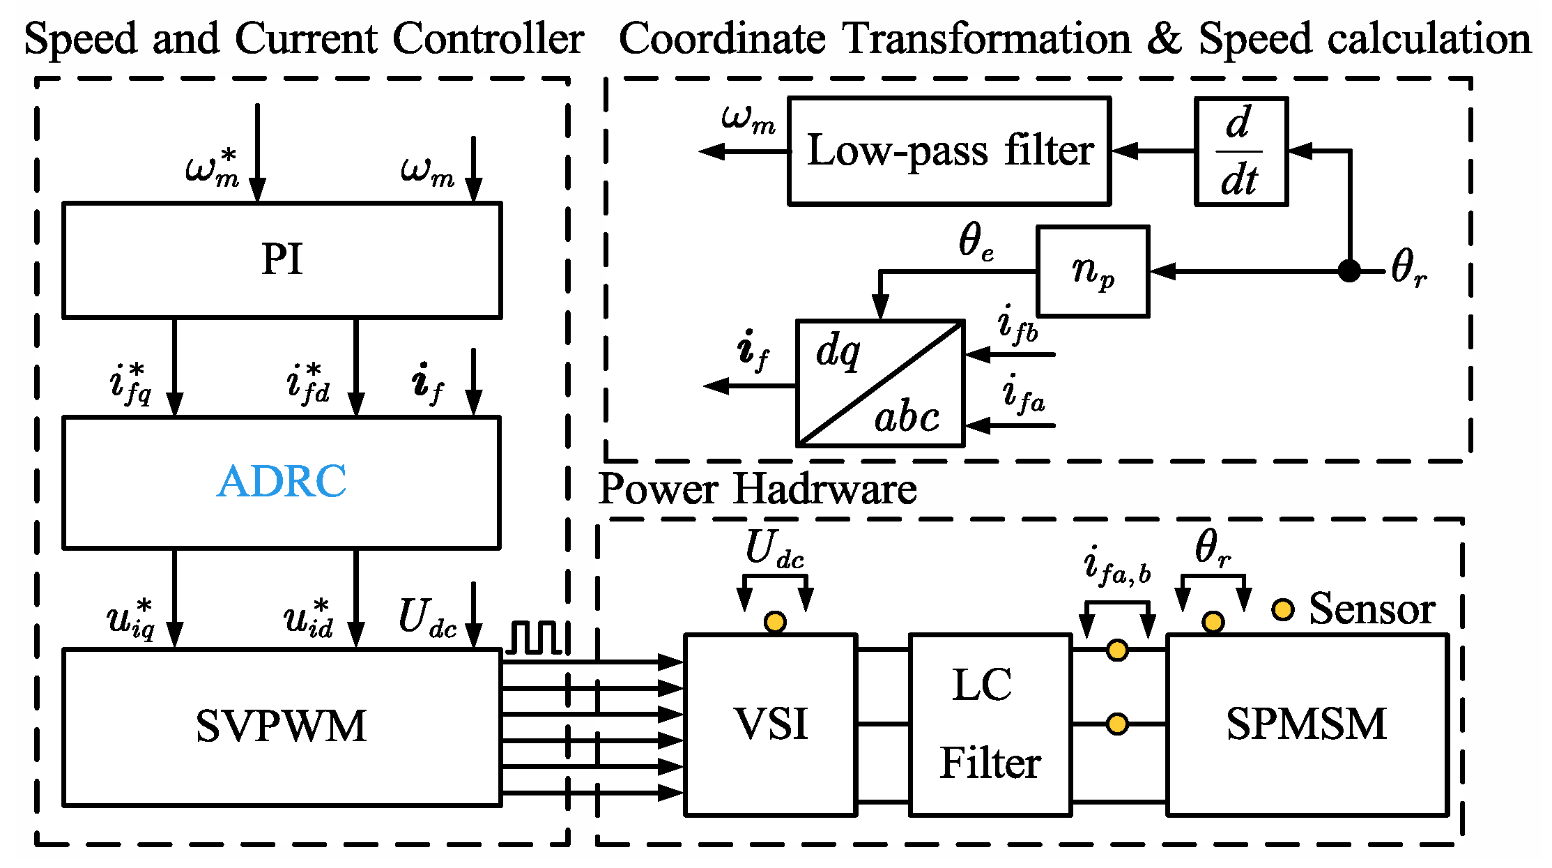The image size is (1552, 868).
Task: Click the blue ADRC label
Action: tap(282, 481)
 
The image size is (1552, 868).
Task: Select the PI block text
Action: tap(282, 259)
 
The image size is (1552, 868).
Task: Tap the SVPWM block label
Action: tap(282, 726)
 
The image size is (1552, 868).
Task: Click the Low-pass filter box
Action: tap(949, 151)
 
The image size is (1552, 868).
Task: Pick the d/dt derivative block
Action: tap(1240, 151)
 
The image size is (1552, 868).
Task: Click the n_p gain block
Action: tap(1092, 271)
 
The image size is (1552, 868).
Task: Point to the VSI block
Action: tap(771, 724)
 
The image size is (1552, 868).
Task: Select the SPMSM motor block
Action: tap(1307, 724)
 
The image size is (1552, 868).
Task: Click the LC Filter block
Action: tap(990, 724)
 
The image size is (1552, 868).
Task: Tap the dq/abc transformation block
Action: tap(880, 383)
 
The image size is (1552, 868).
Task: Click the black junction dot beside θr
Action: tap(1349, 271)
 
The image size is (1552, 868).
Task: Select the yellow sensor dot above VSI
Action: tap(775, 621)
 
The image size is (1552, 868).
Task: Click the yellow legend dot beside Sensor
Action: tap(1282, 609)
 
